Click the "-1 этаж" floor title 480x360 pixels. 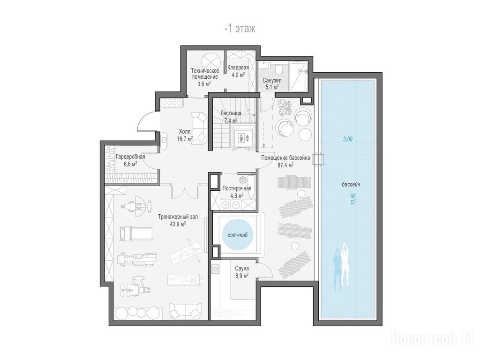(240, 29)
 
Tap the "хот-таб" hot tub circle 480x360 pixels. (238, 235)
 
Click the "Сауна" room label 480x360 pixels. (242, 269)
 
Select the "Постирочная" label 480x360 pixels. (237, 188)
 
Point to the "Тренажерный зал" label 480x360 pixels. (178, 217)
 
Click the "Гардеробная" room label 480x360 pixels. (130, 157)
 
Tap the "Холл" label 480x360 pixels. (185, 132)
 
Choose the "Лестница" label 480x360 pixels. (231, 113)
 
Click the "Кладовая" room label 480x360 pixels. (238, 67)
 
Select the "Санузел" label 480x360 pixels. (272, 80)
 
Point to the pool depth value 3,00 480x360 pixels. (347, 139)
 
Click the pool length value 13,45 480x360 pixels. (353, 199)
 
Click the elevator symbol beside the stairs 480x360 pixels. (244, 138)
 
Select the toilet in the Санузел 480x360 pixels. (279, 69)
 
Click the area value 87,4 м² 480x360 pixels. (285, 165)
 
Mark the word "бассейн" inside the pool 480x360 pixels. (351, 185)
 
